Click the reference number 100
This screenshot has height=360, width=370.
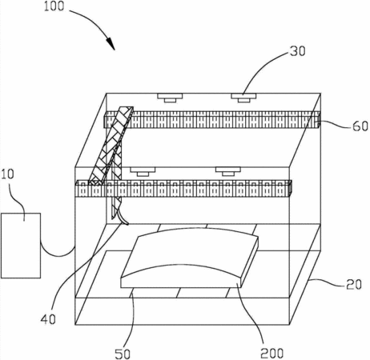(x=54, y=6)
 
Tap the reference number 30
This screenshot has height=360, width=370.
(x=298, y=51)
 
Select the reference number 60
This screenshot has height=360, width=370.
(x=360, y=126)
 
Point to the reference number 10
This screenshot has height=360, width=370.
(x=8, y=174)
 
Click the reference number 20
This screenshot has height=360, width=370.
(x=354, y=285)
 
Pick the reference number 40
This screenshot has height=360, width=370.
(x=48, y=319)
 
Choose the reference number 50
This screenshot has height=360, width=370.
(x=123, y=354)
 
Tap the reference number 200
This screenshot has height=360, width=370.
(x=271, y=354)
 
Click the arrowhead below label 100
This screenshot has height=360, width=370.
(x=111, y=43)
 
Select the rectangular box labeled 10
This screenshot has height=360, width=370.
(x=21, y=246)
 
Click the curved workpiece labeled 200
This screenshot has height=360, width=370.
(x=190, y=258)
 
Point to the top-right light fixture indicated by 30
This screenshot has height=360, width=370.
(x=243, y=98)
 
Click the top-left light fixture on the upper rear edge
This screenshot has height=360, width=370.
(x=170, y=98)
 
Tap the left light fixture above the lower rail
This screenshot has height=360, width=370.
(x=143, y=172)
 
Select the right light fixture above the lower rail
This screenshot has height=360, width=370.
(x=228, y=171)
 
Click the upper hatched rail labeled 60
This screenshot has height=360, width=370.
(x=211, y=120)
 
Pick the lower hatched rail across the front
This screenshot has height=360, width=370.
(x=183, y=189)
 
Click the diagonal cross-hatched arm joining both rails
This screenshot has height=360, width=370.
(x=111, y=146)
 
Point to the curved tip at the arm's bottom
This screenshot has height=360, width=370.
(x=124, y=218)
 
